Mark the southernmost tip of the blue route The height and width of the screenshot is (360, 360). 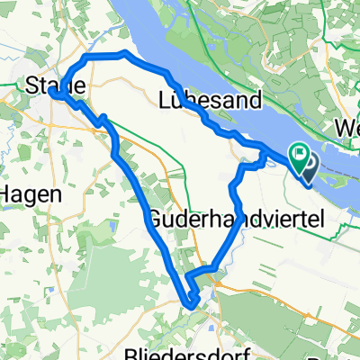pyautogui.click(x=192, y=303)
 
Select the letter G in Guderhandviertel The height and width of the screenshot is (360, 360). pyautogui.click(x=153, y=218)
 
